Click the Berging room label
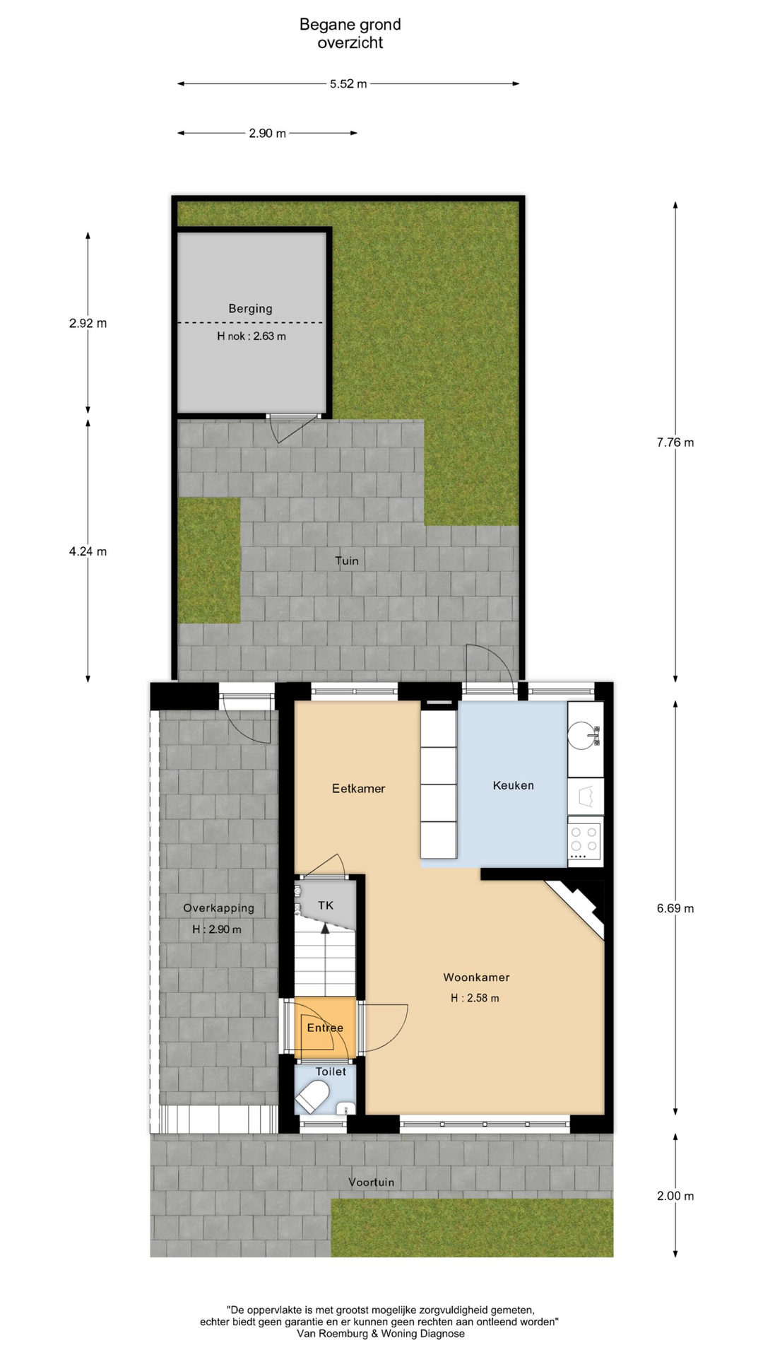coord(250,309)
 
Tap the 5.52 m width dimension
coord(348,84)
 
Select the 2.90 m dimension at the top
coord(267,133)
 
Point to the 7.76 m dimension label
coord(675,442)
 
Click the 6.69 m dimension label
coord(675,908)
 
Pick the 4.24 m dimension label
coord(88,551)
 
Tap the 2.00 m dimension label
coord(675,1196)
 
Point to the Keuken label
coord(514,785)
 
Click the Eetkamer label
coord(359,788)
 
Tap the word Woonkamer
coord(476,977)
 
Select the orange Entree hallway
coord(325,1028)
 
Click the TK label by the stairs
coord(325,905)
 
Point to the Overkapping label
coord(218,908)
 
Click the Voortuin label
coord(372,1182)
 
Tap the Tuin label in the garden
coord(347,561)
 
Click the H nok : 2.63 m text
coord(252,336)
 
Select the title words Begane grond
coord(350,25)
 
